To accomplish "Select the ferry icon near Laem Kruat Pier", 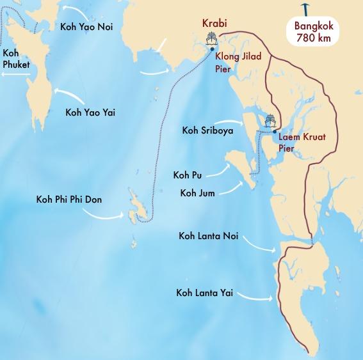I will click(x=270, y=121).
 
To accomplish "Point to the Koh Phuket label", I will click(x=17, y=58).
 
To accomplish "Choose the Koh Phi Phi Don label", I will click(x=69, y=200).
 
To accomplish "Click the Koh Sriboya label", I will click(x=207, y=131).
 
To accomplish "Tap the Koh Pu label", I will click(x=186, y=175).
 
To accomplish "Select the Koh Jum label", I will click(x=198, y=192).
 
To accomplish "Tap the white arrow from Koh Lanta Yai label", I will click(x=256, y=297).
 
